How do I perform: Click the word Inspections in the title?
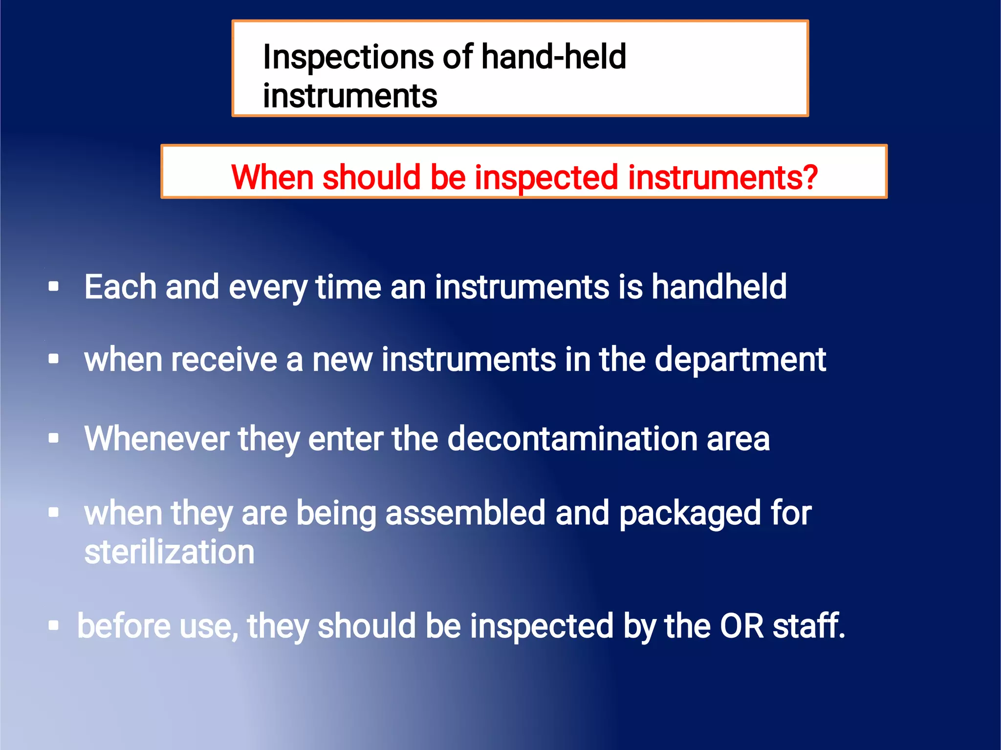(x=348, y=58)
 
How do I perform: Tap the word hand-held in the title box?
(x=553, y=57)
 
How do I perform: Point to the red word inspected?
(x=546, y=177)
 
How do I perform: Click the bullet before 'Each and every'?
(x=54, y=286)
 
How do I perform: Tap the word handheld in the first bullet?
(x=719, y=286)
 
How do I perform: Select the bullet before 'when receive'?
(x=54, y=359)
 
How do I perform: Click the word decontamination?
(x=571, y=438)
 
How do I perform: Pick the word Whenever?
(x=156, y=438)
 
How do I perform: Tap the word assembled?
(x=465, y=513)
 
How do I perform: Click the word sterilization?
(x=169, y=552)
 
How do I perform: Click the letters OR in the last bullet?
(x=741, y=626)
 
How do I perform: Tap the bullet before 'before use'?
(x=54, y=625)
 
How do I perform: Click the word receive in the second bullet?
(x=225, y=360)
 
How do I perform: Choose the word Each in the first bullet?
(x=120, y=286)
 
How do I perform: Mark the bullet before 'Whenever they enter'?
(x=54, y=438)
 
